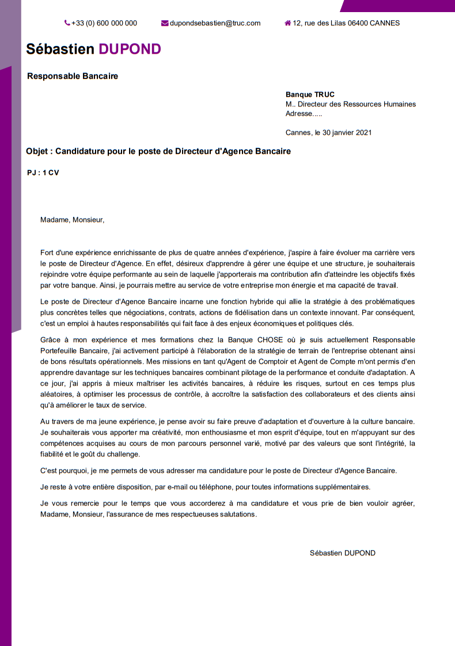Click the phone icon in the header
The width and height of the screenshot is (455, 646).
tap(67, 23)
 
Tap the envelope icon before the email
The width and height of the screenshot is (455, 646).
tap(165, 23)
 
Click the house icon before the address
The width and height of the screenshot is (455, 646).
tap(287, 23)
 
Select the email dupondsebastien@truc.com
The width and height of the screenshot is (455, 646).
tap(215, 23)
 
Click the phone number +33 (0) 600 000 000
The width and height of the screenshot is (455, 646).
tap(104, 23)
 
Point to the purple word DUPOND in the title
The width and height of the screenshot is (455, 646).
tap(130, 49)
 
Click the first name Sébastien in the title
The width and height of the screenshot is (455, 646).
tap(60, 49)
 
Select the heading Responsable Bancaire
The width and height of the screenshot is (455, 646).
tap(73, 76)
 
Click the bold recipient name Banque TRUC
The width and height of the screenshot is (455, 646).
tap(310, 95)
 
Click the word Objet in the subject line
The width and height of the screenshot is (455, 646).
tap(38, 152)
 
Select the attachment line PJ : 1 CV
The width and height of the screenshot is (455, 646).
tap(43, 173)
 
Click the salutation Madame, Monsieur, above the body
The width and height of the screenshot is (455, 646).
tap(73, 219)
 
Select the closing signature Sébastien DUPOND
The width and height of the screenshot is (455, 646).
tap(342, 553)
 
